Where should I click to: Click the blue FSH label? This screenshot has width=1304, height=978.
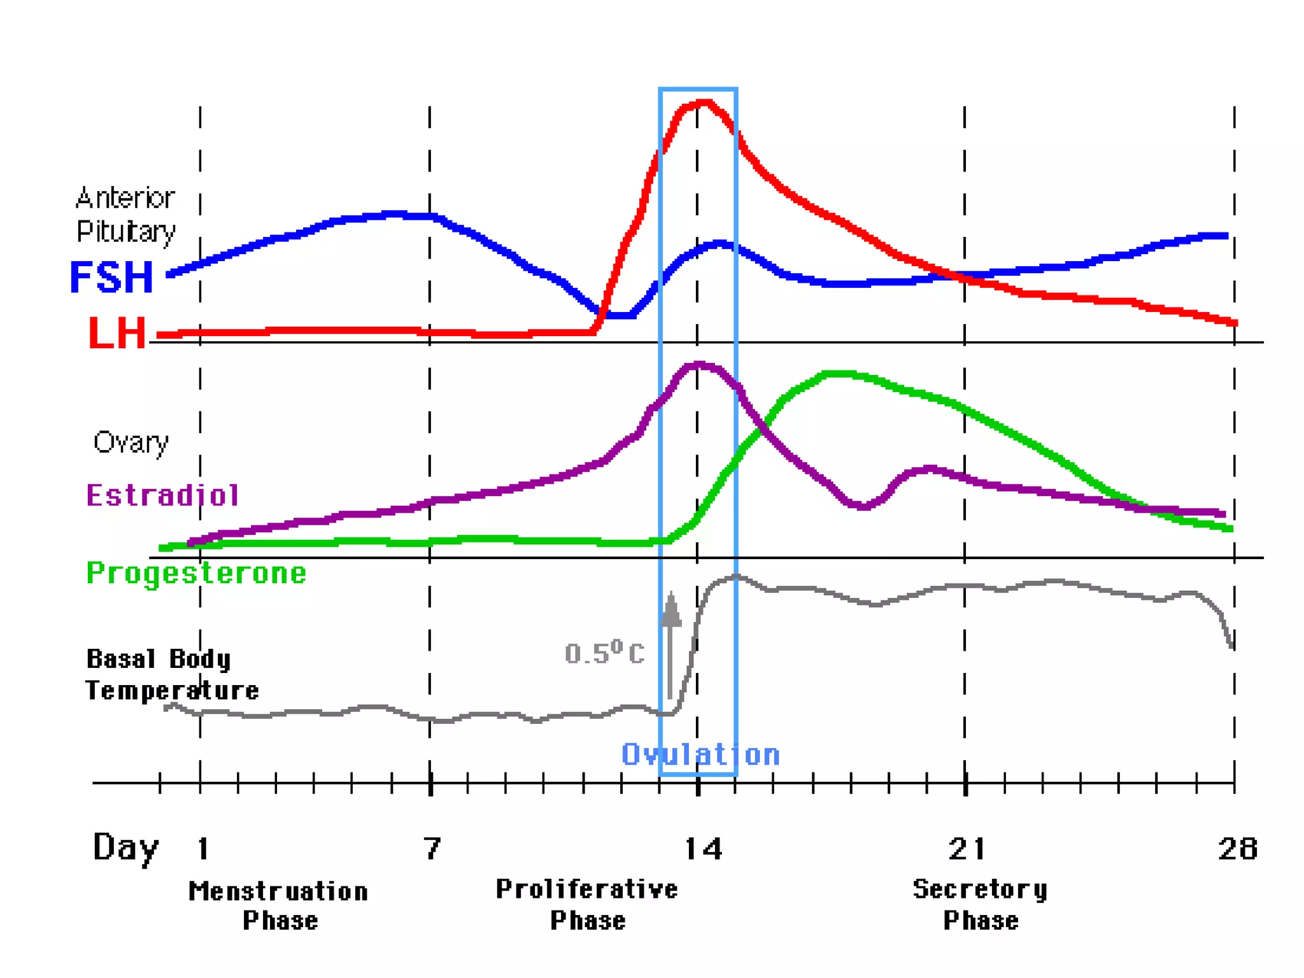[111, 278]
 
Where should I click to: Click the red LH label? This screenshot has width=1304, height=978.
[117, 333]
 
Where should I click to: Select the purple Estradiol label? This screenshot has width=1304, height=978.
[163, 495]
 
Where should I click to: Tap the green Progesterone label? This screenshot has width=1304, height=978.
[196, 573]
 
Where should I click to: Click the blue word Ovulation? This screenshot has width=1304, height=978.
[700, 755]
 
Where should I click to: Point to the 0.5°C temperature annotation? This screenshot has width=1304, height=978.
[604, 653]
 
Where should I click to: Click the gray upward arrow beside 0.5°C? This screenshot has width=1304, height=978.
[670, 643]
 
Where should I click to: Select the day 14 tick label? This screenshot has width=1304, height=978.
[703, 849]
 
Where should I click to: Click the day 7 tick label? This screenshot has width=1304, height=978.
[432, 849]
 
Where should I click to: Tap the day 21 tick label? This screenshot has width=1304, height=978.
[967, 849]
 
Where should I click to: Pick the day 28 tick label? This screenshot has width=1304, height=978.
[1237, 849]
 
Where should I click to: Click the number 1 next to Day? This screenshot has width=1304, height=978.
[203, 849]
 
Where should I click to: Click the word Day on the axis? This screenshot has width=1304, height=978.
[125, 849]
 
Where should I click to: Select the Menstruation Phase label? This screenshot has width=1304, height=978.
[279, 906]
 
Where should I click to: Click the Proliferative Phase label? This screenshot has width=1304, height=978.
[587, 905]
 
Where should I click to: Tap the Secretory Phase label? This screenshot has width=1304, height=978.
[980, 905]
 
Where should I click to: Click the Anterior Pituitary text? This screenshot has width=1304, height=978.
[125, 215]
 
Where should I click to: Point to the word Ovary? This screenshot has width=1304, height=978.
[131, 442]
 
